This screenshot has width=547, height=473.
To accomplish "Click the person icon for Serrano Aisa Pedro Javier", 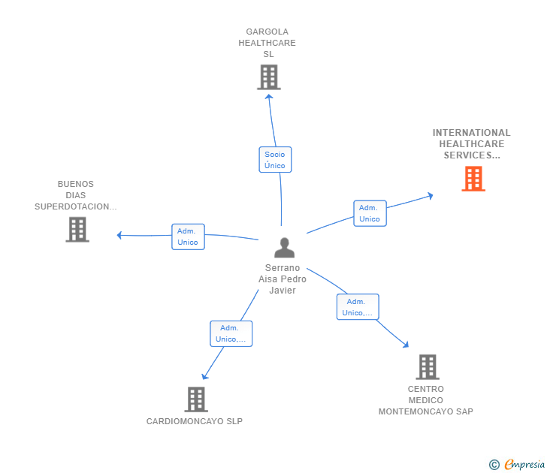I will [284, 248].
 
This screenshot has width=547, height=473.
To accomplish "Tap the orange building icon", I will [473, 179].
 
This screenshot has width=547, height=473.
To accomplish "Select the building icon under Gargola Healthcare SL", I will [268, 77].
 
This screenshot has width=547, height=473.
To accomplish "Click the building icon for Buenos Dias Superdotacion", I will [77, 229].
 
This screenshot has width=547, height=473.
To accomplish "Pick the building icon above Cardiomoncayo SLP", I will [195, 399].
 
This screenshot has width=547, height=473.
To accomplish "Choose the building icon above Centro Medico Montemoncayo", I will [427, 366].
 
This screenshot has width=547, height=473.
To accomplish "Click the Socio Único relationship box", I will [274, 159].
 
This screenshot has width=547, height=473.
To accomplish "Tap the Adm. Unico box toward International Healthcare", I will [370, 213].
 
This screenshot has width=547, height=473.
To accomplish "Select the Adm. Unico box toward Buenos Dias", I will [188, 236].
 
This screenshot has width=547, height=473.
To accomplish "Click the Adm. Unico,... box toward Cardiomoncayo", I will [231, 333].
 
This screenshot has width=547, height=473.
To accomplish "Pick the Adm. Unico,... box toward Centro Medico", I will [357, 306].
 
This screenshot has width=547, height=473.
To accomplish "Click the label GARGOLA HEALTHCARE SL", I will [267, 43].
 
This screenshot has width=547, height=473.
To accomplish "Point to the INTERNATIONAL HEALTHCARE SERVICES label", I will [471, 144].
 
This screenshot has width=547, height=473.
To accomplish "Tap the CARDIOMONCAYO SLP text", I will [195, 421].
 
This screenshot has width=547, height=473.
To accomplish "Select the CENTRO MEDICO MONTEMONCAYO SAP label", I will [426, 400].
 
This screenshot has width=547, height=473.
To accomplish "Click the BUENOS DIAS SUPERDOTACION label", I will [75, 195].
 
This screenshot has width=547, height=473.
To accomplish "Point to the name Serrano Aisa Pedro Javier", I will [283, 279].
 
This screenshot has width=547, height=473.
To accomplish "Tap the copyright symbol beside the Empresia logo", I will [494, 465].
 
